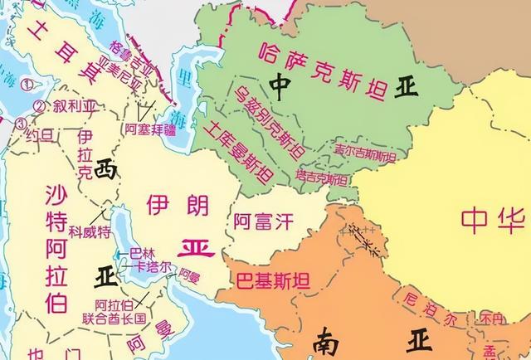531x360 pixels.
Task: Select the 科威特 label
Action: tap(90, 232)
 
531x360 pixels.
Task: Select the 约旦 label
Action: tap(39, 134)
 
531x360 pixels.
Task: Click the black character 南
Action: tap(327, 340)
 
